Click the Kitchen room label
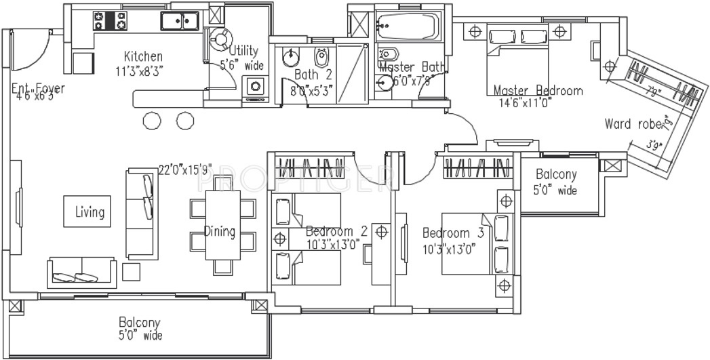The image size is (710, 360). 142,56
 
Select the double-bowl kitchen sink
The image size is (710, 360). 179,21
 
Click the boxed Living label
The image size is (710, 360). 90,212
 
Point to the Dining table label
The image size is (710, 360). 220,232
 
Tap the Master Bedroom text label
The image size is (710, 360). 537,90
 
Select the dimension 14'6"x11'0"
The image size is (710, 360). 526,103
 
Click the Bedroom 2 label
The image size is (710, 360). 336,231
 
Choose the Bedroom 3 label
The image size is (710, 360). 453,232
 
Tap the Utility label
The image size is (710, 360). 243,51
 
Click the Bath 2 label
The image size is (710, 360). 313,75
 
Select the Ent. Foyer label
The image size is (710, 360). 38,88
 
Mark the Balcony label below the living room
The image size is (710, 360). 140,322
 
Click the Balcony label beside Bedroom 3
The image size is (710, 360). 556,175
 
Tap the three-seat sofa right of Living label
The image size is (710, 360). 140,212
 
